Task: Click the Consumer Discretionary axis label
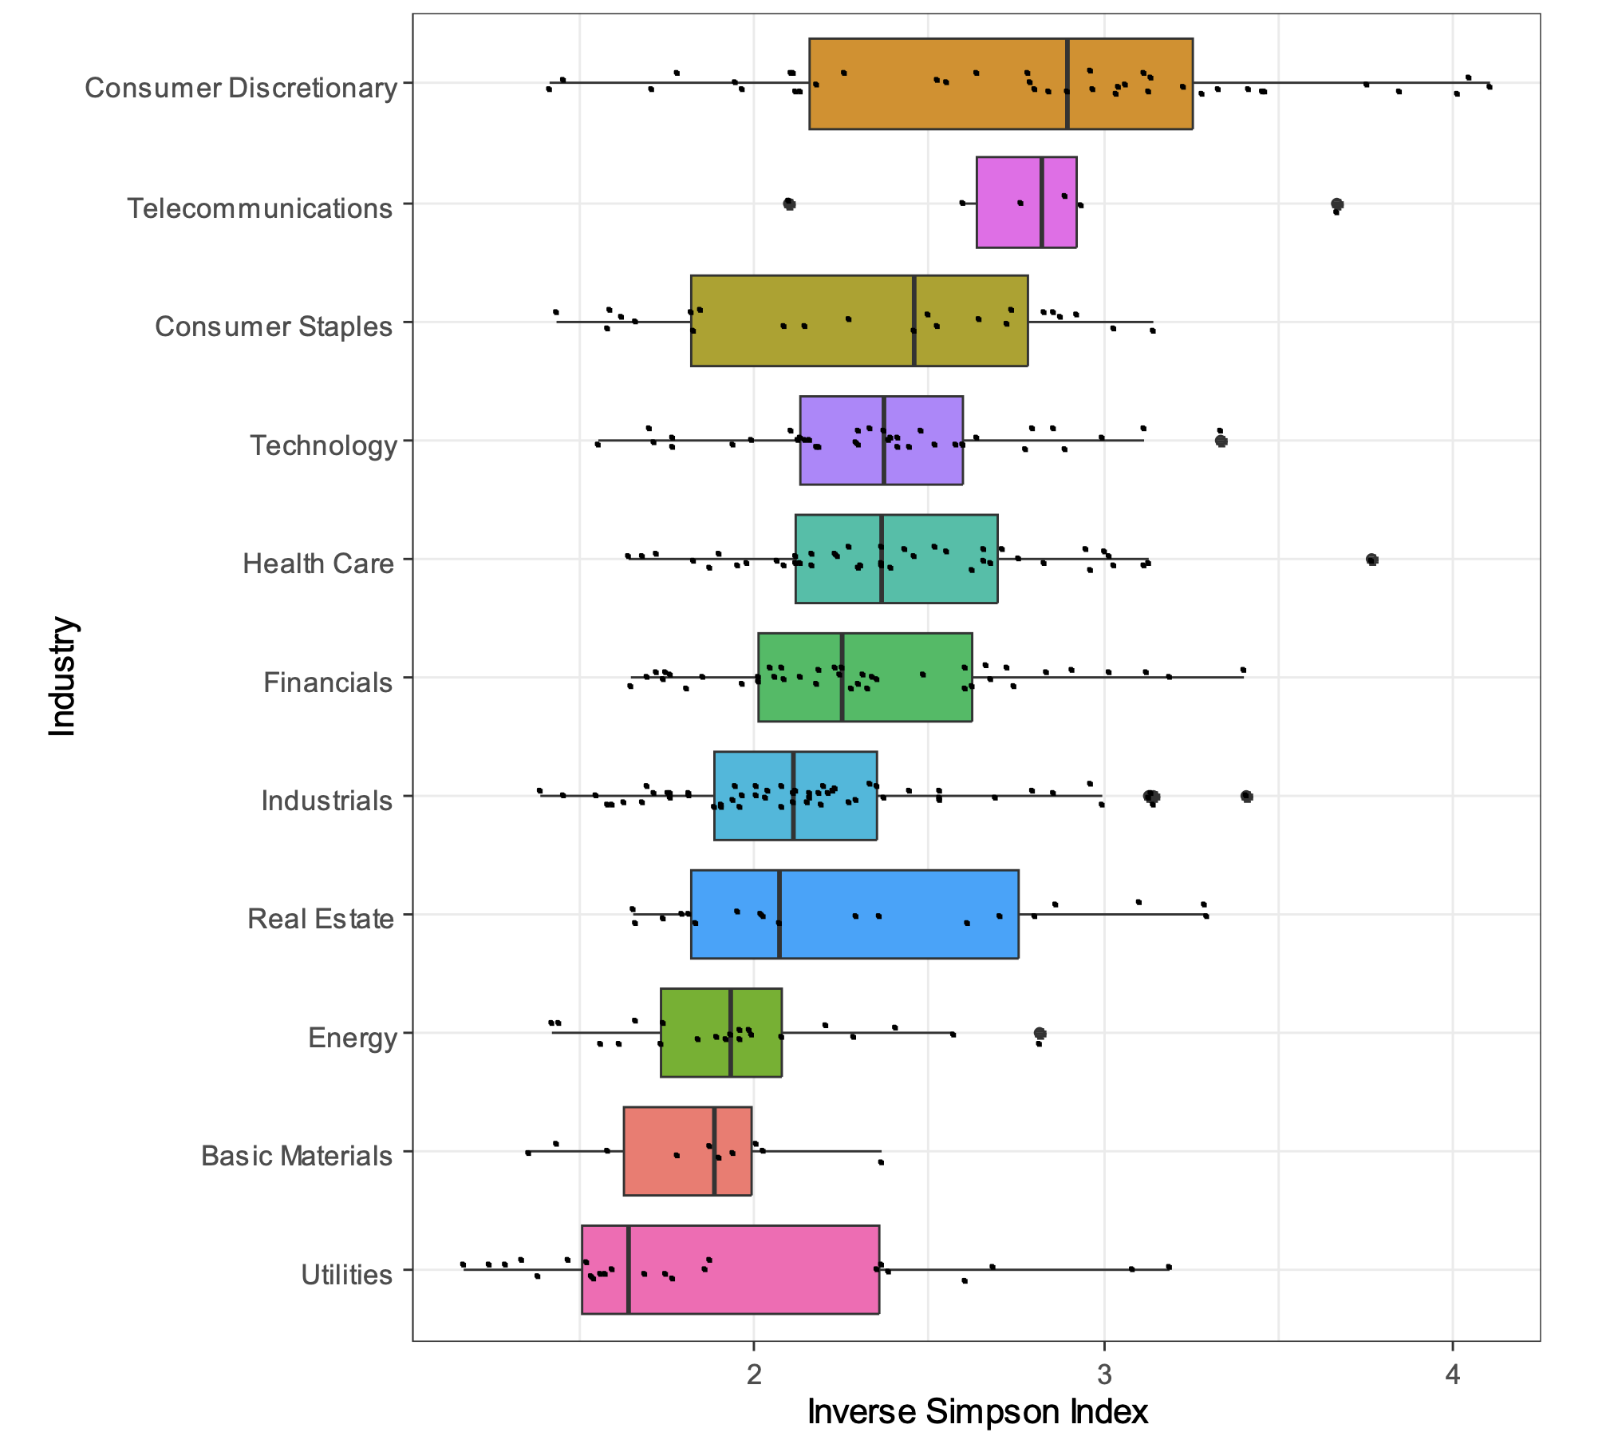(x=240, y=88)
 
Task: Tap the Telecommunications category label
(x=260, y=208)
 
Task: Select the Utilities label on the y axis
(x=346, y=1275)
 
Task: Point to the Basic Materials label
(x=296, y=1156)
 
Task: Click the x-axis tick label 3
(x=1104, y=1375)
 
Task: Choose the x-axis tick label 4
(x=1453, y=1375)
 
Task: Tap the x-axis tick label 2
(x=754, y=1375)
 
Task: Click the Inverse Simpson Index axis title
(x=977, y=1411)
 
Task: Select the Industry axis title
(x=62, y=676)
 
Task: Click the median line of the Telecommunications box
(x=1042, y=203)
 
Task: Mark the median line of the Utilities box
(x=629, y=1269)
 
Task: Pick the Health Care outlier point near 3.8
(x=1372, y=560)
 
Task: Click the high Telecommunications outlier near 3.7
(x=1337, y=204)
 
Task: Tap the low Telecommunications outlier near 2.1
(x=790, y=204)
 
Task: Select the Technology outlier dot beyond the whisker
(x=1221, y=441)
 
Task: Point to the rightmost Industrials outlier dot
(x=1247, y=797)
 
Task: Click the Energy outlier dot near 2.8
(x=1040, y=1034)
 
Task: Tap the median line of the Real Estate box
(x=779, y=914)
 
